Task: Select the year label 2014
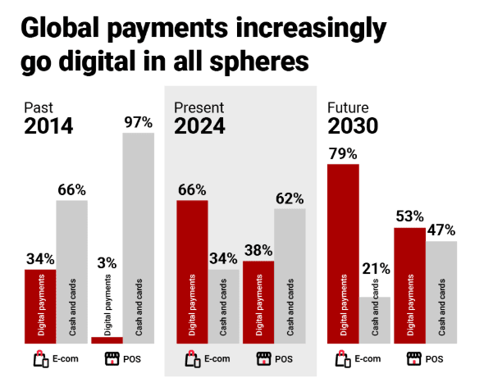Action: click(x=48, y=126)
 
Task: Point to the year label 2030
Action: click(x=353, y=126)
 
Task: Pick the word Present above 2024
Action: click(x=197, y=107)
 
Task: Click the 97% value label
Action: click(x=139, y=122)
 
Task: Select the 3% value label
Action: click(x=107, y=263)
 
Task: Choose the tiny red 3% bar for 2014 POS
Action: click(x=107, y=339)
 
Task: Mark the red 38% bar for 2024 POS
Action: click(x=258, y=302)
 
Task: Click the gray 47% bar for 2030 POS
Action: click(x=441, y=292)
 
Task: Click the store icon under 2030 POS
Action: click(x=414, y=358)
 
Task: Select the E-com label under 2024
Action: click(x=217, y=358)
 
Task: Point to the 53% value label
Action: click(x=409, y=217)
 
